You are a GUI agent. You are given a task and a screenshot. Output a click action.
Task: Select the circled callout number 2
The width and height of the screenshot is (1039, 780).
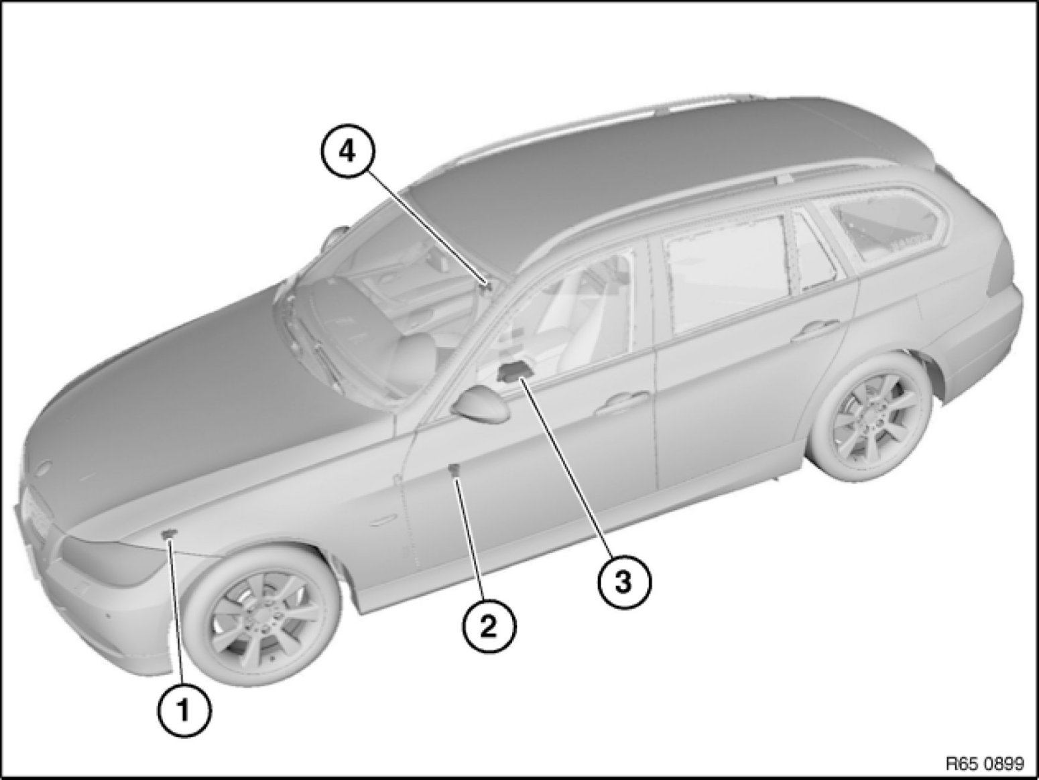coord(489,628)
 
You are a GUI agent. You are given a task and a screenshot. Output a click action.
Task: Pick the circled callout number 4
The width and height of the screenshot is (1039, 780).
coord(348,153)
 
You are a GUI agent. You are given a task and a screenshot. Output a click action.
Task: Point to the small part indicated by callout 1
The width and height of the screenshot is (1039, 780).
coord(168,534)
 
